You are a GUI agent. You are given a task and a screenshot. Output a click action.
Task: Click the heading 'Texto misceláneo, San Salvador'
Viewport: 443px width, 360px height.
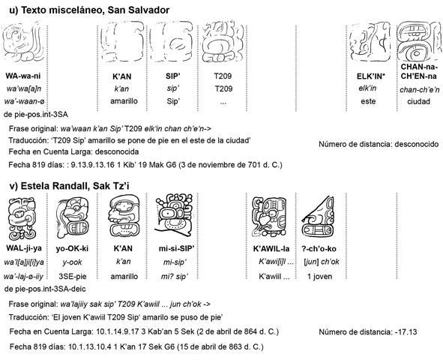[x=95, y=10]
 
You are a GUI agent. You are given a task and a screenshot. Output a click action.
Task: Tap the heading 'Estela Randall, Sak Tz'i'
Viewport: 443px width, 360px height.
[x=75, y=186]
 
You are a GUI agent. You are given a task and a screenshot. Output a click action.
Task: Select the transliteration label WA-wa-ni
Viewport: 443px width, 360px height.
[x=23, y=76]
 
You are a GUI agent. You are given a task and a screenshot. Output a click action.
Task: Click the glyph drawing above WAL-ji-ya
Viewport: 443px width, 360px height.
[x=22, y=218]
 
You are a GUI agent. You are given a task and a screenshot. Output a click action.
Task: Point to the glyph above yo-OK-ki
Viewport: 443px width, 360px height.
[x=72, y=217]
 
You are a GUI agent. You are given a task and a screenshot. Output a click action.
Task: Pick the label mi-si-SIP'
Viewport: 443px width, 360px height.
[x=176, y=248]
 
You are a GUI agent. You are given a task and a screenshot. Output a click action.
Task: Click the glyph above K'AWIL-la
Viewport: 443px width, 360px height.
[x=269, y=216]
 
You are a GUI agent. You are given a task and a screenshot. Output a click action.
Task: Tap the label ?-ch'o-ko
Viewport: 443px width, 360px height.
[x=319, y=249]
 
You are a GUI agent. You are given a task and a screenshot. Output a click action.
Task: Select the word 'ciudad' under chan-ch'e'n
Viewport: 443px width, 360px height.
[x=418, y=101]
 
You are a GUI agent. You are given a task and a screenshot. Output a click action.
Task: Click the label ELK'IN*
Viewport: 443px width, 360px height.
[x=371, y=76]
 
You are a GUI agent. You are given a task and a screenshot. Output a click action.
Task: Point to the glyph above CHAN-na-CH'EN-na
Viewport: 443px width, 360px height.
[x=419, y=42]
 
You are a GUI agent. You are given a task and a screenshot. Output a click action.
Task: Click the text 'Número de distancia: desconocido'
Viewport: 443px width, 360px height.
[x=379, y=144]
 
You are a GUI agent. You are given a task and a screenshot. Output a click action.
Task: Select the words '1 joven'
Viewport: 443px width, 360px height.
[x=319, y=276]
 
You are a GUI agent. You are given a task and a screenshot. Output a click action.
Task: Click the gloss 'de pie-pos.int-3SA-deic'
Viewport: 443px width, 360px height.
[x=45, y=289]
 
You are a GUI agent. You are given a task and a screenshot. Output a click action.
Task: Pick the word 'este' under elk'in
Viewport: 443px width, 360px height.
[x=368, y=101]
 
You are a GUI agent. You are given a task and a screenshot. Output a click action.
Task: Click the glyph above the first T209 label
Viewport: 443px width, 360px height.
[x=223, y=42]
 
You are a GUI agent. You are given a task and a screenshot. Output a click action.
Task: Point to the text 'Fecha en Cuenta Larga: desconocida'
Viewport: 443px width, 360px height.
[x=73, y=151]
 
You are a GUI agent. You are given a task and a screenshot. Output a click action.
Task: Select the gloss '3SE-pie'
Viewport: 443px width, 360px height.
[x=72, y=276]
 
